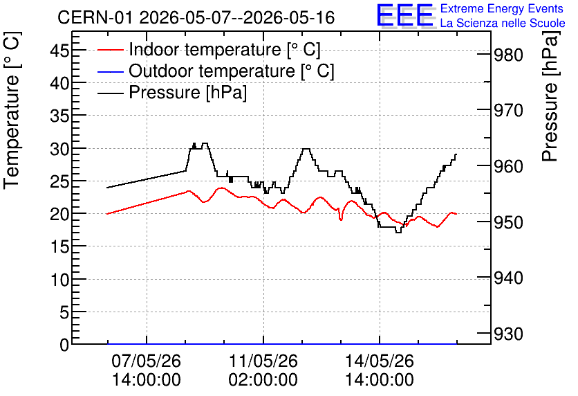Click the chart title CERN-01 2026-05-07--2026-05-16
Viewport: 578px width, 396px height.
tap(196, 17)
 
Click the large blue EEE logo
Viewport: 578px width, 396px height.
tap(405, 15)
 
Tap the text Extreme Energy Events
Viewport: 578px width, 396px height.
tap(502, 8)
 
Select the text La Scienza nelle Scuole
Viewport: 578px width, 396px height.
tap(503, 23)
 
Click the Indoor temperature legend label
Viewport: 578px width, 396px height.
tap(225, 49)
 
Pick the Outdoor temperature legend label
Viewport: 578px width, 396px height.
tap(232, 71)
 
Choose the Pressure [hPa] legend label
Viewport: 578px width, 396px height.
tap(187, 92)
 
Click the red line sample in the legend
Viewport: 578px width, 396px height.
tap(110, 50)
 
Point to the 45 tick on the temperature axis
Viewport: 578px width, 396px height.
tap(59, 51)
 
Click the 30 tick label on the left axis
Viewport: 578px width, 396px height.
tap(59, 148)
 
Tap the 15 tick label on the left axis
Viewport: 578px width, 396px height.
tap(59, 246)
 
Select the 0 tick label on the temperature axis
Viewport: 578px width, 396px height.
tap(64, 345)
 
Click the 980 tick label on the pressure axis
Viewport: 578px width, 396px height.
tap(508, 55)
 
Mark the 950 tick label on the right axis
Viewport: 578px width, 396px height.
tap(508, 222)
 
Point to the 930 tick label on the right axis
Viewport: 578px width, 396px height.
tap(508, 334)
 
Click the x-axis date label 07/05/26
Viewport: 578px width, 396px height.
tap(147, 361)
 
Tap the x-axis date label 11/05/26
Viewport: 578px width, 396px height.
tap(263, 361)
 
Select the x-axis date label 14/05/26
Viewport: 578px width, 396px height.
tap(380, 361)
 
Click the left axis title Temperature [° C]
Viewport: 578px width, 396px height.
tap(12, 110)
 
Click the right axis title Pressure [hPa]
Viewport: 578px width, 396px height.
tap(550, 96)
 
